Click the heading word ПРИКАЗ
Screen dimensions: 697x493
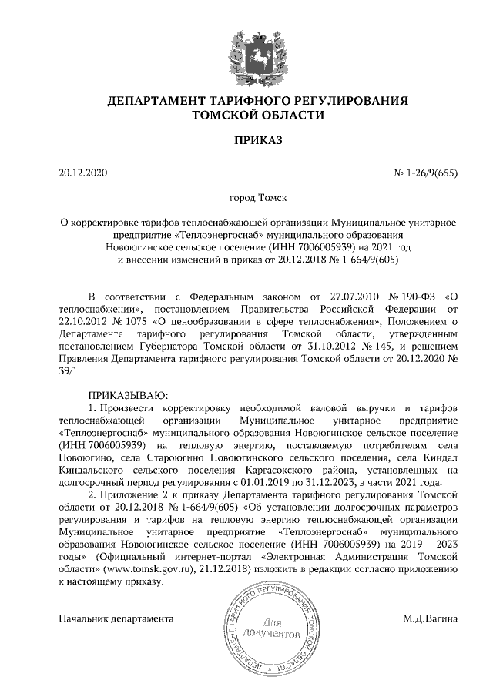tap(246, 141)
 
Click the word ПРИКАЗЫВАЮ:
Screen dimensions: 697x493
tap(127, 394)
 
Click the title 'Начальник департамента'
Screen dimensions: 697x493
tap(116, 618)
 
